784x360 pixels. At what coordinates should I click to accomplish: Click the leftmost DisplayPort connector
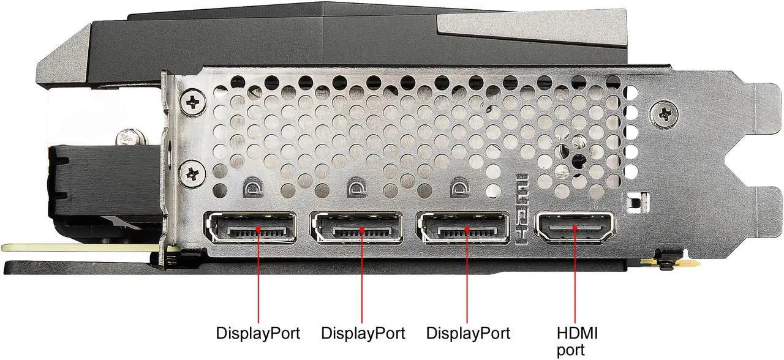[x=251, y=231]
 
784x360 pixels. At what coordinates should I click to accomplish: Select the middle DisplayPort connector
[x=356, y=231]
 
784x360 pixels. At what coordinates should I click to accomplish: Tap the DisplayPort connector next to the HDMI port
[x=462, y=231]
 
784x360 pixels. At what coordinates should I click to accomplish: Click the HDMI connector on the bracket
[x=575, y=229]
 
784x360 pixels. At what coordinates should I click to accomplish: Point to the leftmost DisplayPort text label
[x=258, y=334]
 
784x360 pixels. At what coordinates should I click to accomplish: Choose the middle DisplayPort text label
[x=363, y=334]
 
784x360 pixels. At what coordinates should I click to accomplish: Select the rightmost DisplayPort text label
[x=469, y=334]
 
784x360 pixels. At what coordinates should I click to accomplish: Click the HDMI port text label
[x=577, y=341]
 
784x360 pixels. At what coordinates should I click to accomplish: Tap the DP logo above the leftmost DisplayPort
[x=252, y=187]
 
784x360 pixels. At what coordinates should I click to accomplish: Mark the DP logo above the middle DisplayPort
[x=357, y=187]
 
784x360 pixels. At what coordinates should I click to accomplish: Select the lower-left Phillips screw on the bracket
[x=194, y=173]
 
